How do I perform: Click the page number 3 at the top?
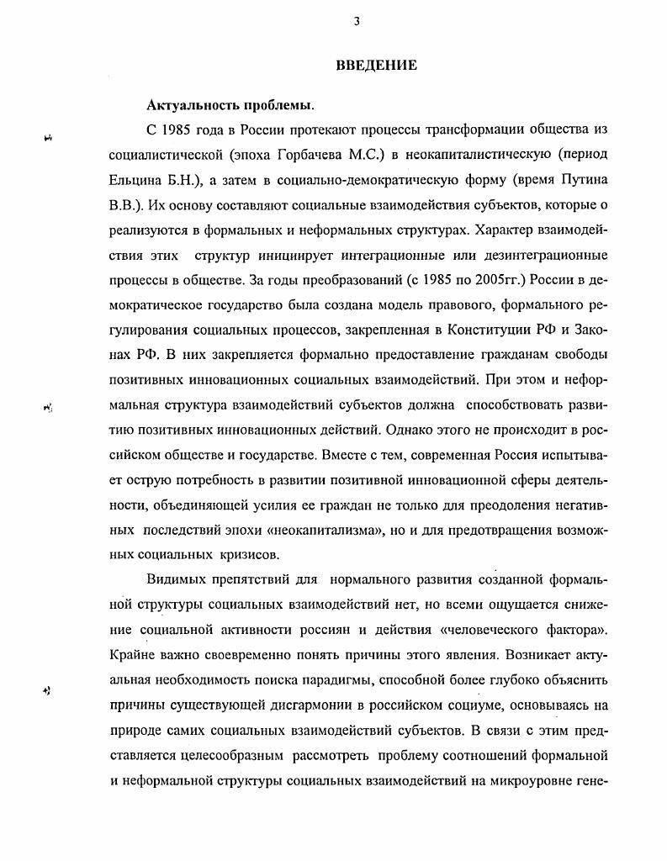point(357,23)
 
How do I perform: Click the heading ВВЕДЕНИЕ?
point(376,66)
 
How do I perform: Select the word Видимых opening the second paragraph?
point(176,581)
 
